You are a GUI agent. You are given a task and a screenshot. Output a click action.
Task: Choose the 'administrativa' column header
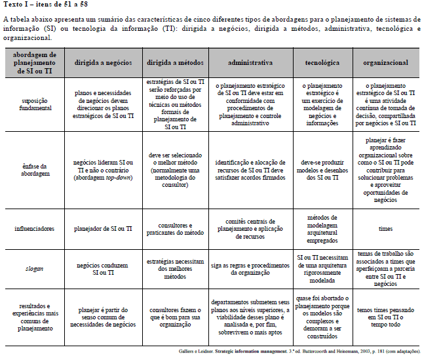coord(250,62)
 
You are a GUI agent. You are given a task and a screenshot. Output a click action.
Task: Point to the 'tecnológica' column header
coord(322,62)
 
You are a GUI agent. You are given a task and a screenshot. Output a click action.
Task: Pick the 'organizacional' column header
coord(385,62)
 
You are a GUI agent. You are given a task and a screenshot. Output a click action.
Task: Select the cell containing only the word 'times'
coord(385,229)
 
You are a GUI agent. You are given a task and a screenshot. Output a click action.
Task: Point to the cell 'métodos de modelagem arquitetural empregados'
coord(322,229)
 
